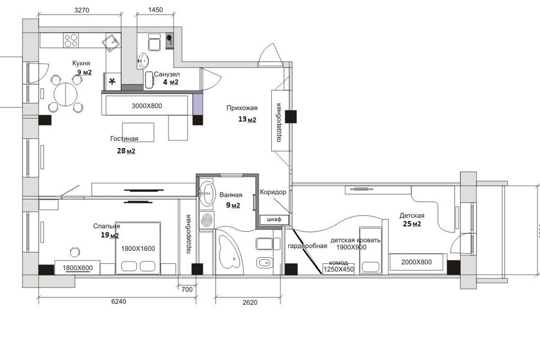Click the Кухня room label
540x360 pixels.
click(81, 63)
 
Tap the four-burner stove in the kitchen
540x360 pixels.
click(71, 40)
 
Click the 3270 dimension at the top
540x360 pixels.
click(82, 10)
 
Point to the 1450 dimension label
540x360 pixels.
click(155, 10)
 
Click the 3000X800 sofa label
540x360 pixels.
click(147, 106)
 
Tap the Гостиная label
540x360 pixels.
click(124, 138)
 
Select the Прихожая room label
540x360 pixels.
click(242, 108)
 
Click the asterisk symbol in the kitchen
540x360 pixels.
click(112, 82)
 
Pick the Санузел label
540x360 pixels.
click(166, 74)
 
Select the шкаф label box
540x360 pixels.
click(274, 219)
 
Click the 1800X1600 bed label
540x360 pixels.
click(138, 249)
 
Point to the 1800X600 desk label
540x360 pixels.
click(78, 268)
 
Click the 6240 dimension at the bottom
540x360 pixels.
click(119, 301)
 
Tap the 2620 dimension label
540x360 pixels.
click(250, 303)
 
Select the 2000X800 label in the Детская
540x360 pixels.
click(416, 262)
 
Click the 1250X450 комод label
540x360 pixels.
click(339, 269)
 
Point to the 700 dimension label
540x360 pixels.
click(187, 289)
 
